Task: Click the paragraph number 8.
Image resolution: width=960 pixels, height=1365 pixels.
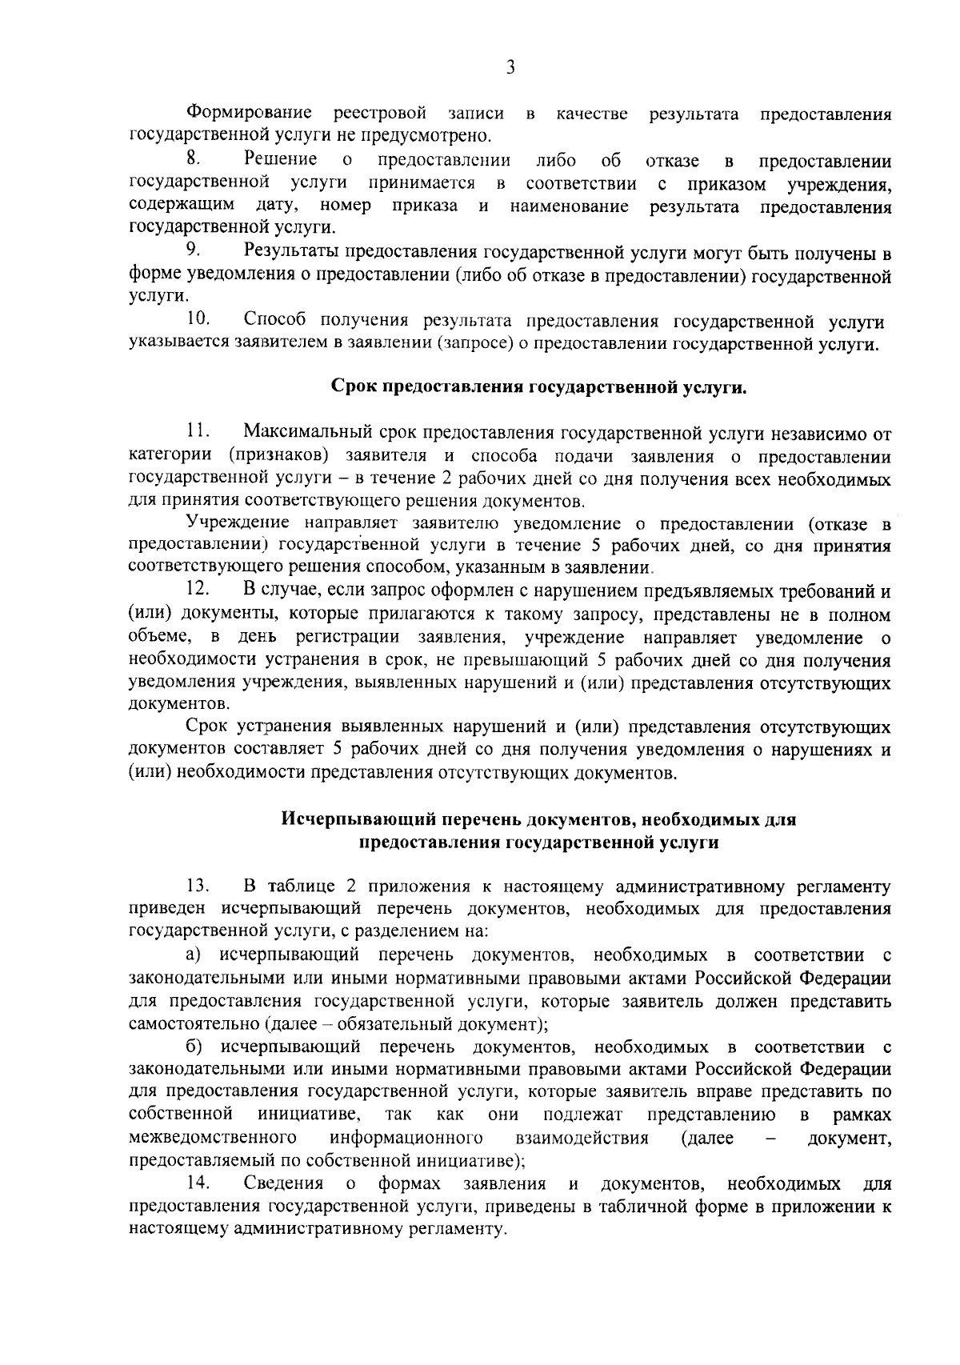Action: pos(191,159)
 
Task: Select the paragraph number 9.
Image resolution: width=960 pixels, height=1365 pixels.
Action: pos(192,250)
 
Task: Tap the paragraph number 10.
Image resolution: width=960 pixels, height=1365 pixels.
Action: pos(198,320)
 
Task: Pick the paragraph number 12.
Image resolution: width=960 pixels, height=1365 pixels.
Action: pos(197,590)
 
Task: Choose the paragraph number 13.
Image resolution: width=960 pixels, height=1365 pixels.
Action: pos(197,886)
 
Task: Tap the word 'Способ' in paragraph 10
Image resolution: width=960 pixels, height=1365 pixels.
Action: pos(274,320)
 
